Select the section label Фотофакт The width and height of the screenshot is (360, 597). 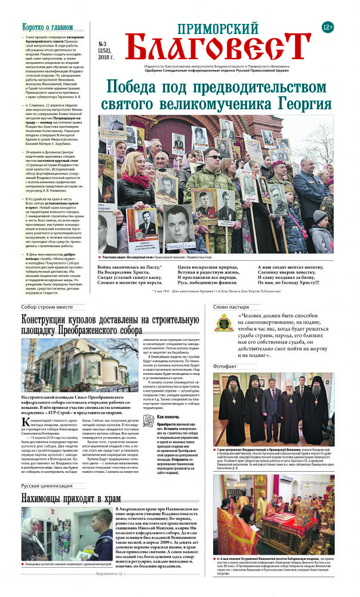click(x=225, y=366)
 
